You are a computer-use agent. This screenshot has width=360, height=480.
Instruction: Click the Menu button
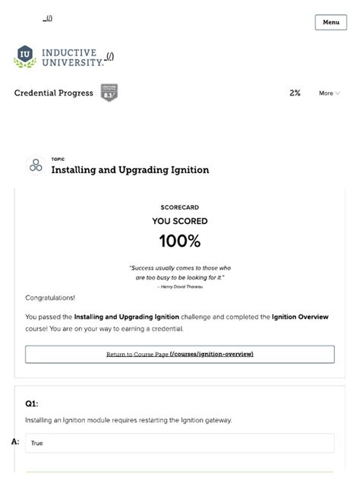coord(330,22)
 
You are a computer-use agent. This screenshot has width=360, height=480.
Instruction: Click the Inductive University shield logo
coord(25,56)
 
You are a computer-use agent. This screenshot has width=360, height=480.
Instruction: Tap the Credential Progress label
coord(54,93)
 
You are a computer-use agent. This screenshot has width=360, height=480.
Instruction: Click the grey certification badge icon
coord(109,93)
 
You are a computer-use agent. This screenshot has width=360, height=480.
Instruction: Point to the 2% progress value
coord(295,93)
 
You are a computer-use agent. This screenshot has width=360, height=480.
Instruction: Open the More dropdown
coord(329,93)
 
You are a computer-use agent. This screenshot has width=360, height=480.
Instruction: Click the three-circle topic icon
coord(36,165)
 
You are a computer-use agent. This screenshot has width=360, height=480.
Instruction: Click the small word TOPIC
coord(58,159)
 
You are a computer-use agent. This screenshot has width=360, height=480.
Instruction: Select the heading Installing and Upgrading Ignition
coord(130,170)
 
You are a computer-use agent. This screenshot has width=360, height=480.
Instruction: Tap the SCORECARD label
coord(180,207)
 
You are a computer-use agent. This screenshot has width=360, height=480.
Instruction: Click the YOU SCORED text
coord(180,222)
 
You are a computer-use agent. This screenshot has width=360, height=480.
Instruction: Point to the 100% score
coord(180,242)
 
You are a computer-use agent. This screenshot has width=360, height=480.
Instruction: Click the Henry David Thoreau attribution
coord(181,286)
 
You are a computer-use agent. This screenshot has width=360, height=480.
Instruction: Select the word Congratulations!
coord(50,298)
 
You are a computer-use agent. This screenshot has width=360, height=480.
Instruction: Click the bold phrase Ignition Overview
coord(302,317)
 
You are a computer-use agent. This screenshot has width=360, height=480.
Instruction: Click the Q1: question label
coord(31,404)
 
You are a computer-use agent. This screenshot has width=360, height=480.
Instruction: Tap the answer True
coord(37,443)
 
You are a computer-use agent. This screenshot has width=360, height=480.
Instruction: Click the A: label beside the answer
coord(15,442)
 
